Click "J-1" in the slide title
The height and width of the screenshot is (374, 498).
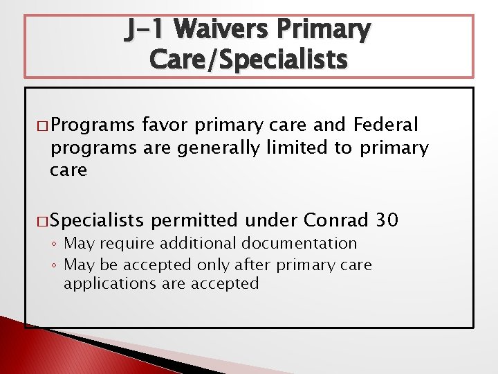point(146,30)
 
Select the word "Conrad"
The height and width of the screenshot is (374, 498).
point(335,220)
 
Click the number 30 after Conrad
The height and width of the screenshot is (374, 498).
point(387,220)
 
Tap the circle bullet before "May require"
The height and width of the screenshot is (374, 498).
point(55,244)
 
